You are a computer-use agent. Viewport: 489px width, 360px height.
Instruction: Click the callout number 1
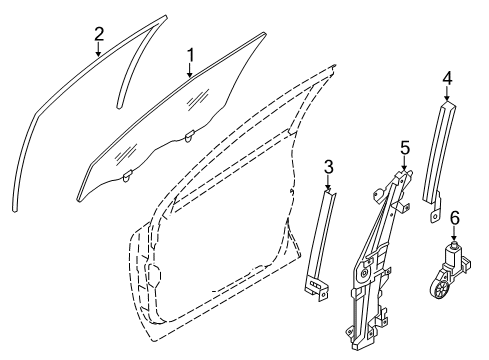189,52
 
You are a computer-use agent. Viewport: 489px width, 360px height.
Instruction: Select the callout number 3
329,166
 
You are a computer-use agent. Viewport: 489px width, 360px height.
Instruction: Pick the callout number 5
404,148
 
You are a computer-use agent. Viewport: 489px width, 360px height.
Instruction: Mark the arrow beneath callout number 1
189,70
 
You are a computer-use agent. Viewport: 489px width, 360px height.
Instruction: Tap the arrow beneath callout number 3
329,183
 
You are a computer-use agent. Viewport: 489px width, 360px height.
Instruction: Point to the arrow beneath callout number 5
404,164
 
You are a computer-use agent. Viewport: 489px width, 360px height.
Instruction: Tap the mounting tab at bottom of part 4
436,213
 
